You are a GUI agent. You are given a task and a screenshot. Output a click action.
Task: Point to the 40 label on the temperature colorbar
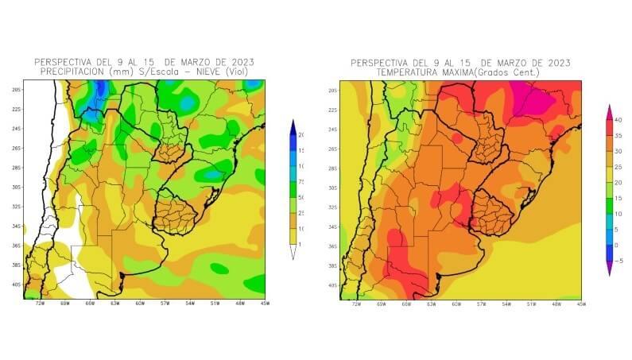click(617, 119)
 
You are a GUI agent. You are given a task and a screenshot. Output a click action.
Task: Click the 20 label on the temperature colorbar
click(617, 182)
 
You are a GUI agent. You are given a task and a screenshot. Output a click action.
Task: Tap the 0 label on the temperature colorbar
click(617, 245)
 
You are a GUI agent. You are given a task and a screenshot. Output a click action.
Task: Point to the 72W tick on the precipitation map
click(41, 304)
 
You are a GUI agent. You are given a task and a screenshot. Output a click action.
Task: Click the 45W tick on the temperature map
click(581, 304)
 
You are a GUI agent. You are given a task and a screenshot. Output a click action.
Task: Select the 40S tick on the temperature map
click(332, 285)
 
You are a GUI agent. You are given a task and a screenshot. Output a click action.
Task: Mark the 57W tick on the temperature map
click(481, 304)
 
